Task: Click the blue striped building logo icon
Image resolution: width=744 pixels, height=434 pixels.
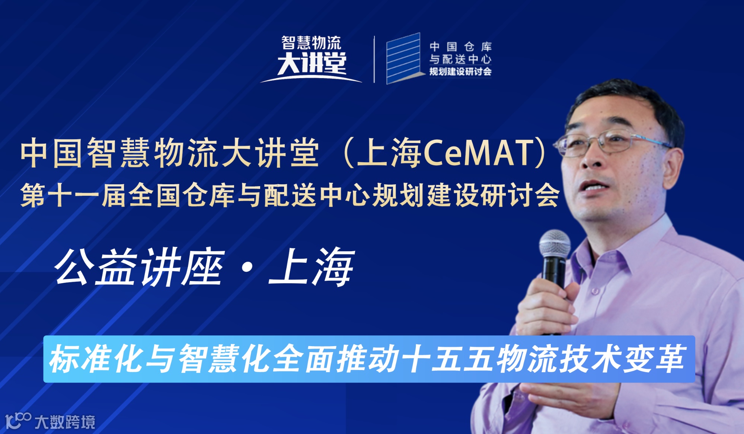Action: (403, 59)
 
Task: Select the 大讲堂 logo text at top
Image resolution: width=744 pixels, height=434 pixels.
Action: (312, 64)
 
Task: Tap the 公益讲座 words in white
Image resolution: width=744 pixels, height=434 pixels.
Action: (140, 267)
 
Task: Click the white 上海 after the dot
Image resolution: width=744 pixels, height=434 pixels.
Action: (311, 267)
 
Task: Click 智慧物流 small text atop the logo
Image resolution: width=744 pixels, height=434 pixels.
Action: (311, 43)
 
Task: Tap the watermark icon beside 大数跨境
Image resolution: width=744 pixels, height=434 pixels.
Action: (18, 421)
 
